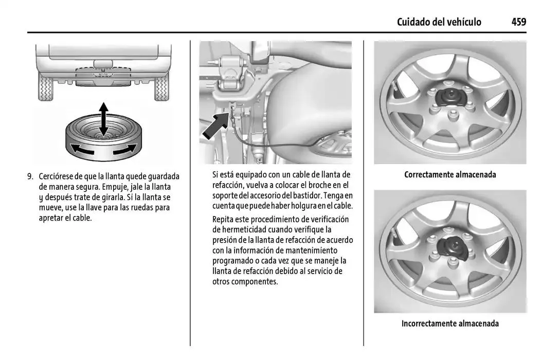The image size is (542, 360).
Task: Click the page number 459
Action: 518,22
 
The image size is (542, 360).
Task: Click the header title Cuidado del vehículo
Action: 439,22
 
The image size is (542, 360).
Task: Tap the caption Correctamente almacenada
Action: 450,174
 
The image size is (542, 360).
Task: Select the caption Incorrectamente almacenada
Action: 450,323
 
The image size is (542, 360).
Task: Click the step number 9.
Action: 30,175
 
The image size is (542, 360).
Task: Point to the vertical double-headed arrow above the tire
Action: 103,119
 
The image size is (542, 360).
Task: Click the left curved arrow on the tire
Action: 82,150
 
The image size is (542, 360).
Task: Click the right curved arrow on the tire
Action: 125,150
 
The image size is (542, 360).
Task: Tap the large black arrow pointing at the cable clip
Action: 214,126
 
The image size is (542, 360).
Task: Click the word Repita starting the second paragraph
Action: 224,219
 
